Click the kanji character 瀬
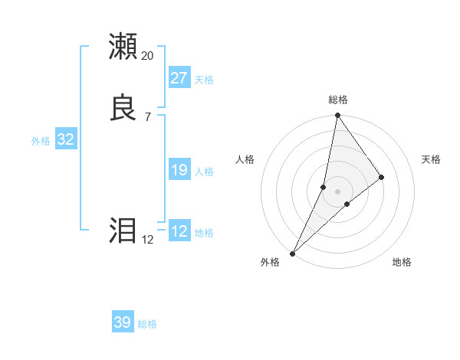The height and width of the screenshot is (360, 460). pyautogui.click(x=123, y=47)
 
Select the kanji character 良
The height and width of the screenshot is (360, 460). pyautogui.click(x=123, y=107)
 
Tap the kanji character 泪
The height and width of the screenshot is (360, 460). pyautogui.click(x=123, y=231)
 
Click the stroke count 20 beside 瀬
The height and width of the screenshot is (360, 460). pyautogui.click(x=147, y=56)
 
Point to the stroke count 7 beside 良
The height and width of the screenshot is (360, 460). pyautogui.click(x=147, y=116)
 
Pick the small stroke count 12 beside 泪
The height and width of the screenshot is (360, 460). pyautogui.click(x=147, y=240)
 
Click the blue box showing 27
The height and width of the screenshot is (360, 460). pyautogui.click(x=179, y=77)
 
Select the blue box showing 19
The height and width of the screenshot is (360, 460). pyautogui.click(x=179, y=169)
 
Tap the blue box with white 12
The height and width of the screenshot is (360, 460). pyautogui.click(x=179, y=231)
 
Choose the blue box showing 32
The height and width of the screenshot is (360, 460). pyautogui.click(x=65, y=139)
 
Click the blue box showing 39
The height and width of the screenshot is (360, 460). pyautogui.click(x=122, y=322)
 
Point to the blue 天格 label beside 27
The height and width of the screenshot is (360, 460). pyautogui.click(x=204, y=80)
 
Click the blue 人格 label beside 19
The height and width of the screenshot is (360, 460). pyautogui.click(x=204, y=172)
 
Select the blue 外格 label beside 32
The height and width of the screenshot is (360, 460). pyautogui.click(x=41, y=141)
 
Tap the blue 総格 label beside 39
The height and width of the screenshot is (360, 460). pyautogui.click(x=147, y=325)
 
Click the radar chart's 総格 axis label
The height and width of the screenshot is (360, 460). pyautogui.click(x=338, y=100)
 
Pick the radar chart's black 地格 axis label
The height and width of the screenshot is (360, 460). pyautogui.click(x=402, y=263)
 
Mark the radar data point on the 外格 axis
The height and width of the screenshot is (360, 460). pyautogui.click(x=292, y=254)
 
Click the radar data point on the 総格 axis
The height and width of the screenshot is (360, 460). pyautogui.click(x=337, y=116)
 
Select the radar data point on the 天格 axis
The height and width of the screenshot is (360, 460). pyautogui.click(x=382, y=177)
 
